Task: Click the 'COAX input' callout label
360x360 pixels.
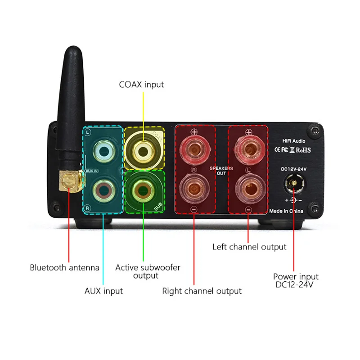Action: [141, 84]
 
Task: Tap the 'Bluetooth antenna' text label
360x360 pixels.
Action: [64, 267]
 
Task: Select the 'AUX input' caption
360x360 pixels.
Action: [103, 291]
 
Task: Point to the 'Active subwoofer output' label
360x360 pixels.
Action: [148, 271]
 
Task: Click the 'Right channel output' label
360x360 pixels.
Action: [202, 291]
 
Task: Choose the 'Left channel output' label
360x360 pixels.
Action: [249, 247]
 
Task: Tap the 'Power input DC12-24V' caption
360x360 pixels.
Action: [296, 280]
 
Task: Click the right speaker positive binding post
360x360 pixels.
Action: [194, 148]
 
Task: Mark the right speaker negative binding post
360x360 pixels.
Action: [194, 189]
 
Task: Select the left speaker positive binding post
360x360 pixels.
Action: [248, 148]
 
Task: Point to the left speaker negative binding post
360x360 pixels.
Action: [248, 189]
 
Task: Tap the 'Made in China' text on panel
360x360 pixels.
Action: [286, 211]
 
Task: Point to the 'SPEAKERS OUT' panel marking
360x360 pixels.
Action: [221, 170]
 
